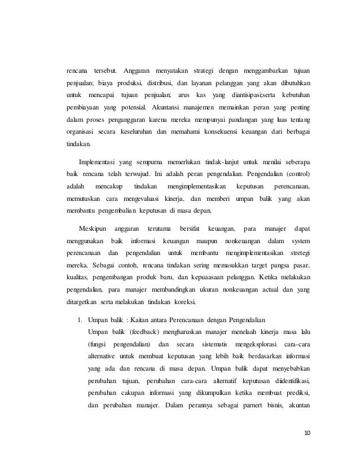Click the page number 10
coord(307,433)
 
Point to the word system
coord(300,241)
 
